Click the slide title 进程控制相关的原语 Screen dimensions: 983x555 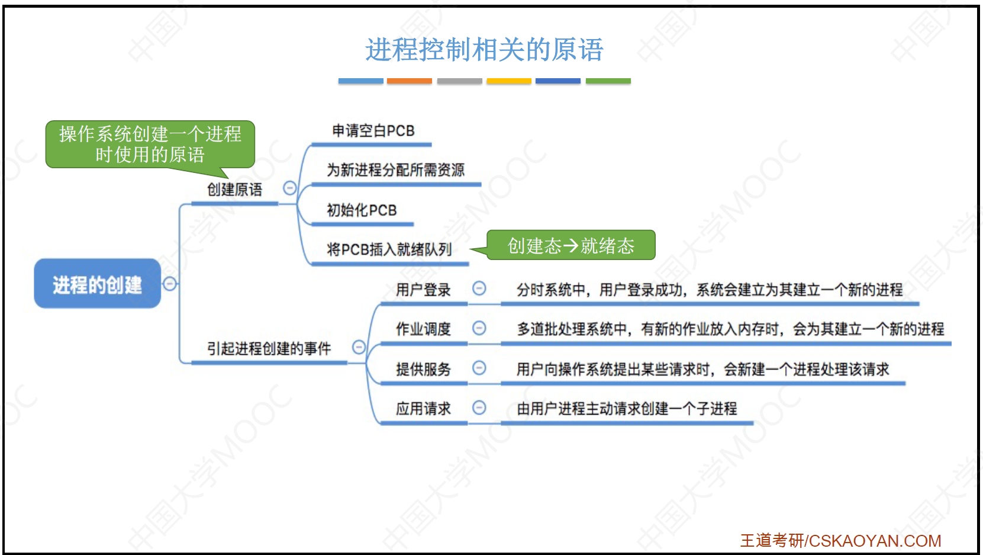485,49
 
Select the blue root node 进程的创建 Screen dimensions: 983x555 98,284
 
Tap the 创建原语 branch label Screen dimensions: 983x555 235,190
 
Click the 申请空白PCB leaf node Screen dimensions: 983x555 373,131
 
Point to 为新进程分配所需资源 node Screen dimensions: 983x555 395,170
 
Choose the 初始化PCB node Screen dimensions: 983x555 362,210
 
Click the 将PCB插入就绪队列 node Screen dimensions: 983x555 389,249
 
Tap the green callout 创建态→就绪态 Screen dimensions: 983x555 571,245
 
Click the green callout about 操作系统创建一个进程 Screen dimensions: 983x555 150,145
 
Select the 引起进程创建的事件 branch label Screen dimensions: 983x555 269,349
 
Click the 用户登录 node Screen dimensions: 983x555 424,290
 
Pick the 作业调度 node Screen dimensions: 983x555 424,329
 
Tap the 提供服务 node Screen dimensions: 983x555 424,369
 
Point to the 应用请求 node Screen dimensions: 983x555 424,409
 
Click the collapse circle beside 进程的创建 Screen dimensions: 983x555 170,284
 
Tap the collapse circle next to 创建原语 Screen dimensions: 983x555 289,188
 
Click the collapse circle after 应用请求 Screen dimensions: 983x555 479,408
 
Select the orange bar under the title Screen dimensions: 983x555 410,81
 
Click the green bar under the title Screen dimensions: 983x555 608,81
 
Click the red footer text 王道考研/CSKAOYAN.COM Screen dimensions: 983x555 841,541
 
